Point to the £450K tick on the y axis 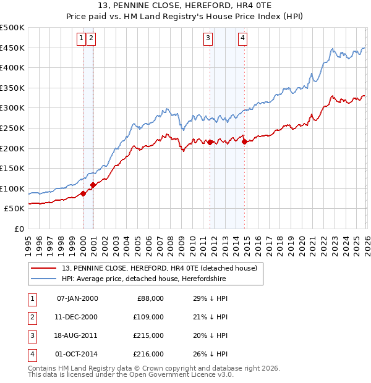[12, 48]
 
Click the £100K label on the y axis [12, 188]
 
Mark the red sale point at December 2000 [93, 184]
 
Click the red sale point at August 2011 [210, 142]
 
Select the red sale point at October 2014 [244, 141]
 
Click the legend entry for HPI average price [144, 279]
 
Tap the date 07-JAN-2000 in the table [77, 298]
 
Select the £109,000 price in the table [148, 317]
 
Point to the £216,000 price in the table [148, 354]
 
